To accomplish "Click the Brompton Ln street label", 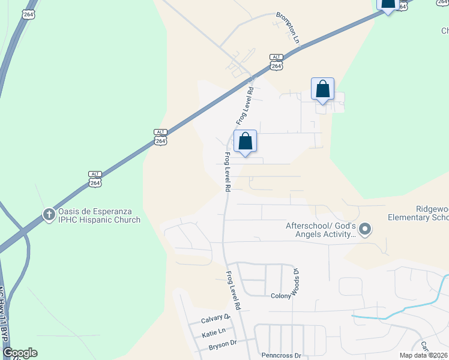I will tap(288, 28).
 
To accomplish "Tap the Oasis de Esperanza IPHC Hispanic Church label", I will tap(99, 216).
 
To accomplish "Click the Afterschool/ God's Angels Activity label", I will tap(321, 230).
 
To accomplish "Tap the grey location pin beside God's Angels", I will tap(366, 230).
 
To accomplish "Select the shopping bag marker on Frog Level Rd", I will tap(245, 143).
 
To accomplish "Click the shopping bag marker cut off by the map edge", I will tap(388, 4).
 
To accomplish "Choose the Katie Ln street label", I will tap(214, 332).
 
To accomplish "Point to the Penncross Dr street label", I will tap(281, 355).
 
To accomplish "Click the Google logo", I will tap(19, 353).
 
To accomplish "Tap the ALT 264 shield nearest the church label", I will tap(95, 179).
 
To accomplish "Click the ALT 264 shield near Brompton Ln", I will tap(276, 62).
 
